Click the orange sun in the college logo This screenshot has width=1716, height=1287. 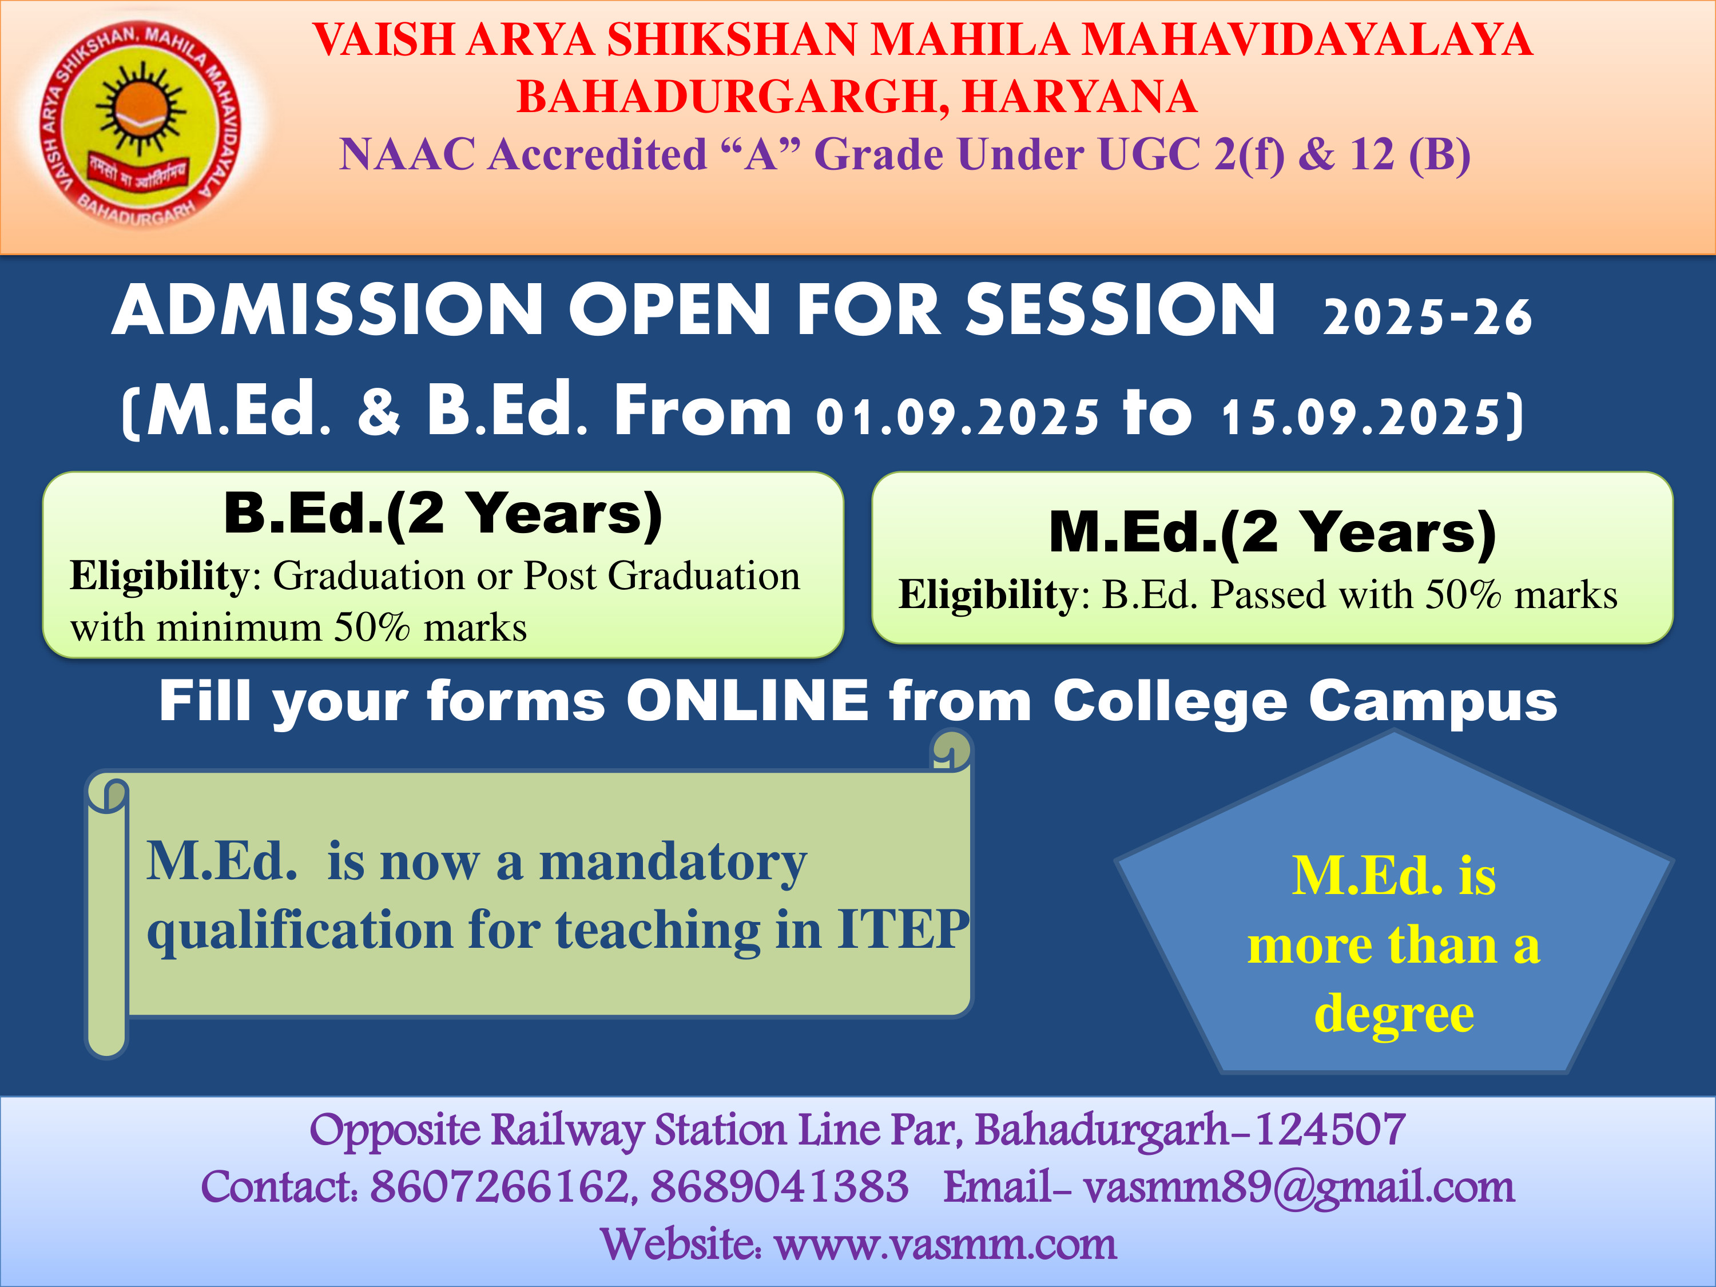[x=140, y=109]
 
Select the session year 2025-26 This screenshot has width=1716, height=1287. [x=1427, y=317]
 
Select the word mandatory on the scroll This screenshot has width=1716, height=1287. [x=673, y=863]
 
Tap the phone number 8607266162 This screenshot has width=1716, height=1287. [x=501, y=1187]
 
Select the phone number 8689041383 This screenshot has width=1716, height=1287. [x=779, y=1187]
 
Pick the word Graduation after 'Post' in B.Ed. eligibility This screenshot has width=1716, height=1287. [x=704, y=577]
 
